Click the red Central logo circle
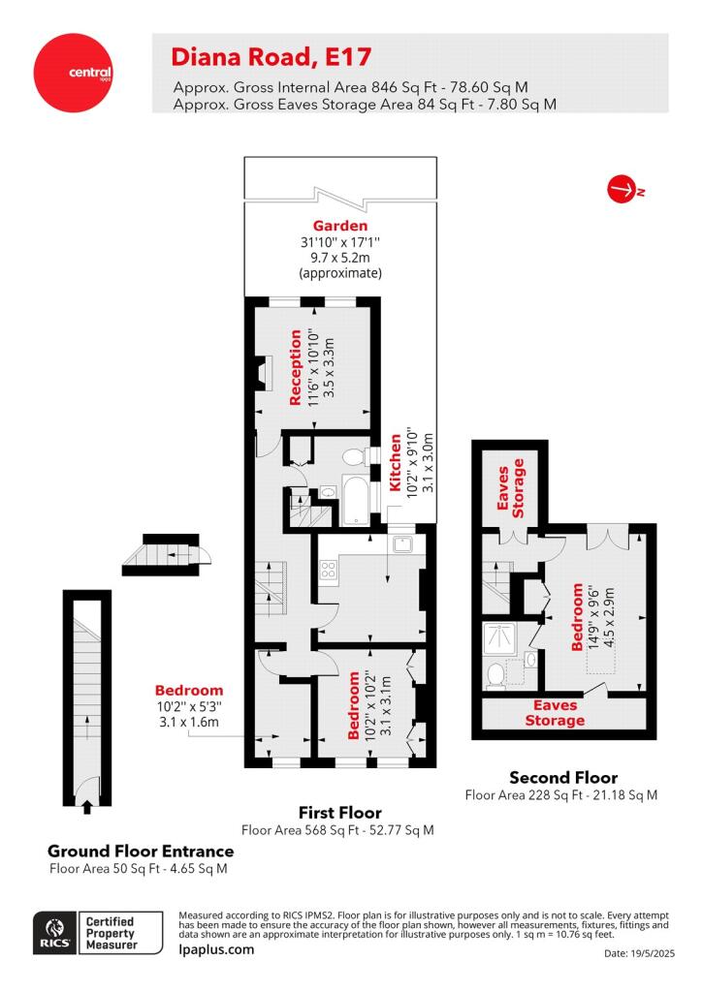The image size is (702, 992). pyautogui.click(x=73, y=73)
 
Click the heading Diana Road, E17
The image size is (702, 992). pyautogui.click(x=271, y=57)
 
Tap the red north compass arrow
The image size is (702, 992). pyautogui.click(x=622, y=189)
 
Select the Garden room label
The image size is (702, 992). pyautogui.click(x=340, y=225)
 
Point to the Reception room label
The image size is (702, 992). pyautogui.click(x=295, y=367)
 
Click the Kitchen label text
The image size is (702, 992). pyautogui.click(x=396, y=462)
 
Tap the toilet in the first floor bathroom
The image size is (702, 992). pyautogui.click(x=355, y=456)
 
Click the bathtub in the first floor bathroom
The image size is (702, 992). pyautogui.click(x=357, y=500)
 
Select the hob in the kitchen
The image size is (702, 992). pyautogui.click(x=328, y=569)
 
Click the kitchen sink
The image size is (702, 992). pyautogui.click(x=402, y=542)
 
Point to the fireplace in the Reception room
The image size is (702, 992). pyautogui.click(x=261, y=370)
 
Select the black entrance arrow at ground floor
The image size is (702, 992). pyautogui.click(x=86, y=807)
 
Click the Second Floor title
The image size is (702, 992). pyautogui.click(x=563, y=777)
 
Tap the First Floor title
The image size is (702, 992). pyautogui.click(x=340, y=813)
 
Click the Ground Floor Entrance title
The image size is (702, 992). pyautogui.click(x=141, y=851)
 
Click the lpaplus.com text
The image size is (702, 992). pyautogui.click(x=216, y=949)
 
